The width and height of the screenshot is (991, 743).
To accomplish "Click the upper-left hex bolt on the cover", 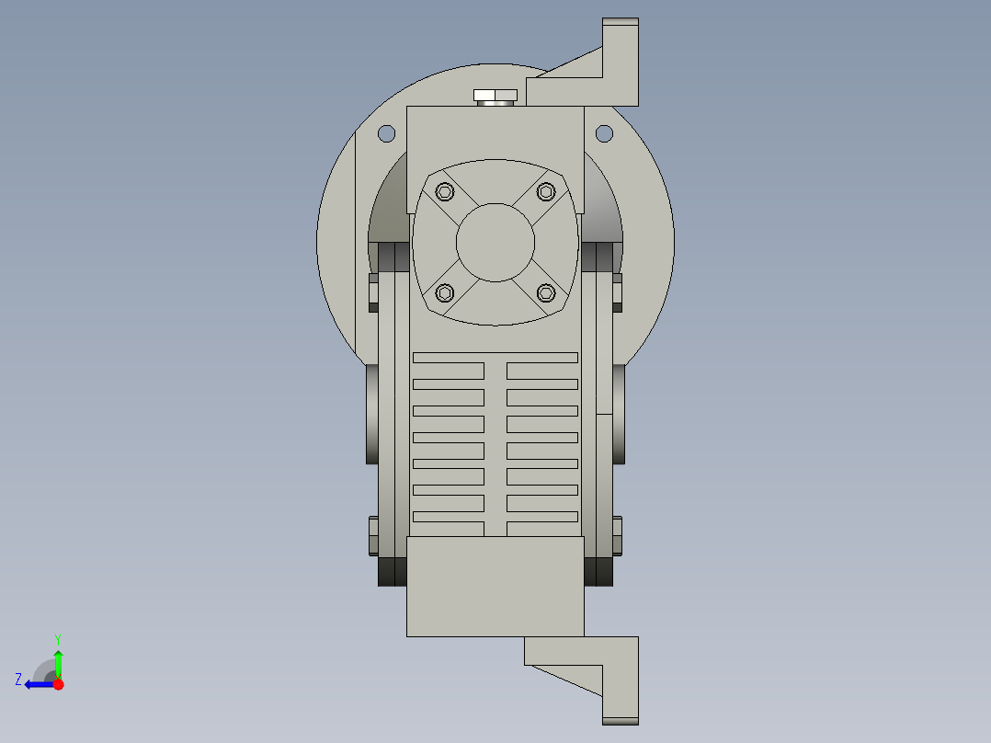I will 445,191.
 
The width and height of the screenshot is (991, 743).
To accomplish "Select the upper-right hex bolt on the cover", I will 546,191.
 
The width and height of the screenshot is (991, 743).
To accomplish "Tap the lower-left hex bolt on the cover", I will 445,292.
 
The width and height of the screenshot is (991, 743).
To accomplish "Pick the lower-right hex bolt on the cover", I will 546,292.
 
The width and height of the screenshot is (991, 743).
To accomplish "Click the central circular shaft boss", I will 495,242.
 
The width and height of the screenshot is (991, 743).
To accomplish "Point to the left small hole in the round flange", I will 387,133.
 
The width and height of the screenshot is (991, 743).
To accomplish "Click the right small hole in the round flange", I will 604,133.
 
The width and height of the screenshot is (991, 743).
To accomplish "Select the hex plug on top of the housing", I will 495,96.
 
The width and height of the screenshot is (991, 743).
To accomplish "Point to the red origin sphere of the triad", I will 58,684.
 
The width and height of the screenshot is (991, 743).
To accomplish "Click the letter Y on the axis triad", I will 58,638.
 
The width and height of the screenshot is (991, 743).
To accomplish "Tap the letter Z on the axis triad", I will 18,680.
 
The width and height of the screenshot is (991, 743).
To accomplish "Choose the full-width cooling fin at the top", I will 495,357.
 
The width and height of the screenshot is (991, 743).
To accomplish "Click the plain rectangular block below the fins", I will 495,587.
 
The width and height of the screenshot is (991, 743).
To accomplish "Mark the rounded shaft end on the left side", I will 370,414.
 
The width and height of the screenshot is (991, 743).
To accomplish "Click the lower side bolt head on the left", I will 372,536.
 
